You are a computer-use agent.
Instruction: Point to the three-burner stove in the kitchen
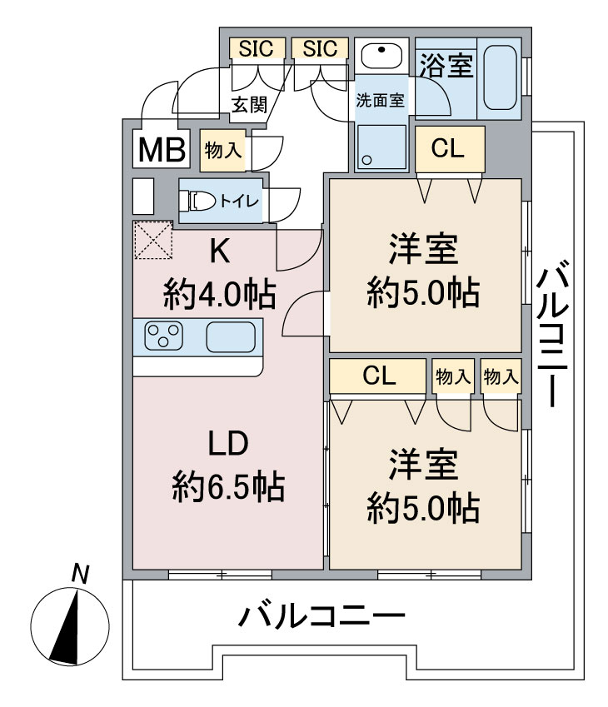163,337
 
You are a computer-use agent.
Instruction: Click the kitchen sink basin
230,337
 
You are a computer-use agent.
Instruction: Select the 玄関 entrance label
248,104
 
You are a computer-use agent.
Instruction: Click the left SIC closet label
256,49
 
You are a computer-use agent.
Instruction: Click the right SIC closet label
320,49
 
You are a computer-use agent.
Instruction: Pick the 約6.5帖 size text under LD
228,485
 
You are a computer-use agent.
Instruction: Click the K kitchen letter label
220,251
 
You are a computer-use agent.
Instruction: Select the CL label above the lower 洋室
379,376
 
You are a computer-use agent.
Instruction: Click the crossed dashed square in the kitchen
152,241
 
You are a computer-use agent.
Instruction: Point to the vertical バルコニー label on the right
552,333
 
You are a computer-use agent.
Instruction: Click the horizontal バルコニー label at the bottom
322,618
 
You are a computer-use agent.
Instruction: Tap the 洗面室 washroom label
380,101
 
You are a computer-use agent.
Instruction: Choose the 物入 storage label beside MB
222,150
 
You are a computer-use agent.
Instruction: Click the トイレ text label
240,201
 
